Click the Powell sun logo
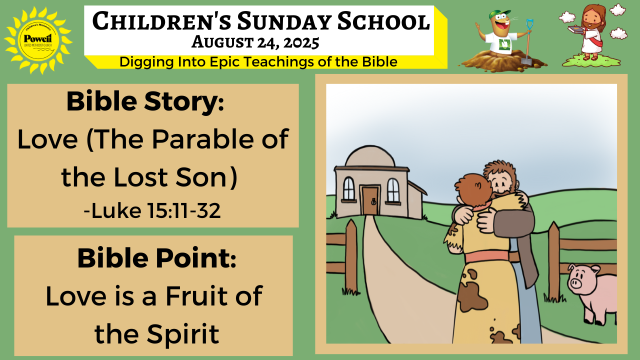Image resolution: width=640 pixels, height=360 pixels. tap(38, 40)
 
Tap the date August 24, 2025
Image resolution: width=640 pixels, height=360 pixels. tap(255, 42)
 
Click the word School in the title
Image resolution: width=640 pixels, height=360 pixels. tap(383, 21)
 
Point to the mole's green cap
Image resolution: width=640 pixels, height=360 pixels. tap(498, 14)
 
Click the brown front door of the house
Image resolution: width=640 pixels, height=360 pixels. tap(370, 200)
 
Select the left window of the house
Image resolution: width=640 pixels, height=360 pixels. tap(348, 188)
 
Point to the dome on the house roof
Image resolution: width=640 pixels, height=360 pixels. tap(370, 156)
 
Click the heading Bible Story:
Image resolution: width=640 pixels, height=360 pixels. tap(145, 102)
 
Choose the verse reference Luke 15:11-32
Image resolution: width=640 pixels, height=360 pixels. tap(152, 211)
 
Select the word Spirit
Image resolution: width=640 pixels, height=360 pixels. tap(183, 333)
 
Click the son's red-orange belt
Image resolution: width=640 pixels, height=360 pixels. tap(487, 256)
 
